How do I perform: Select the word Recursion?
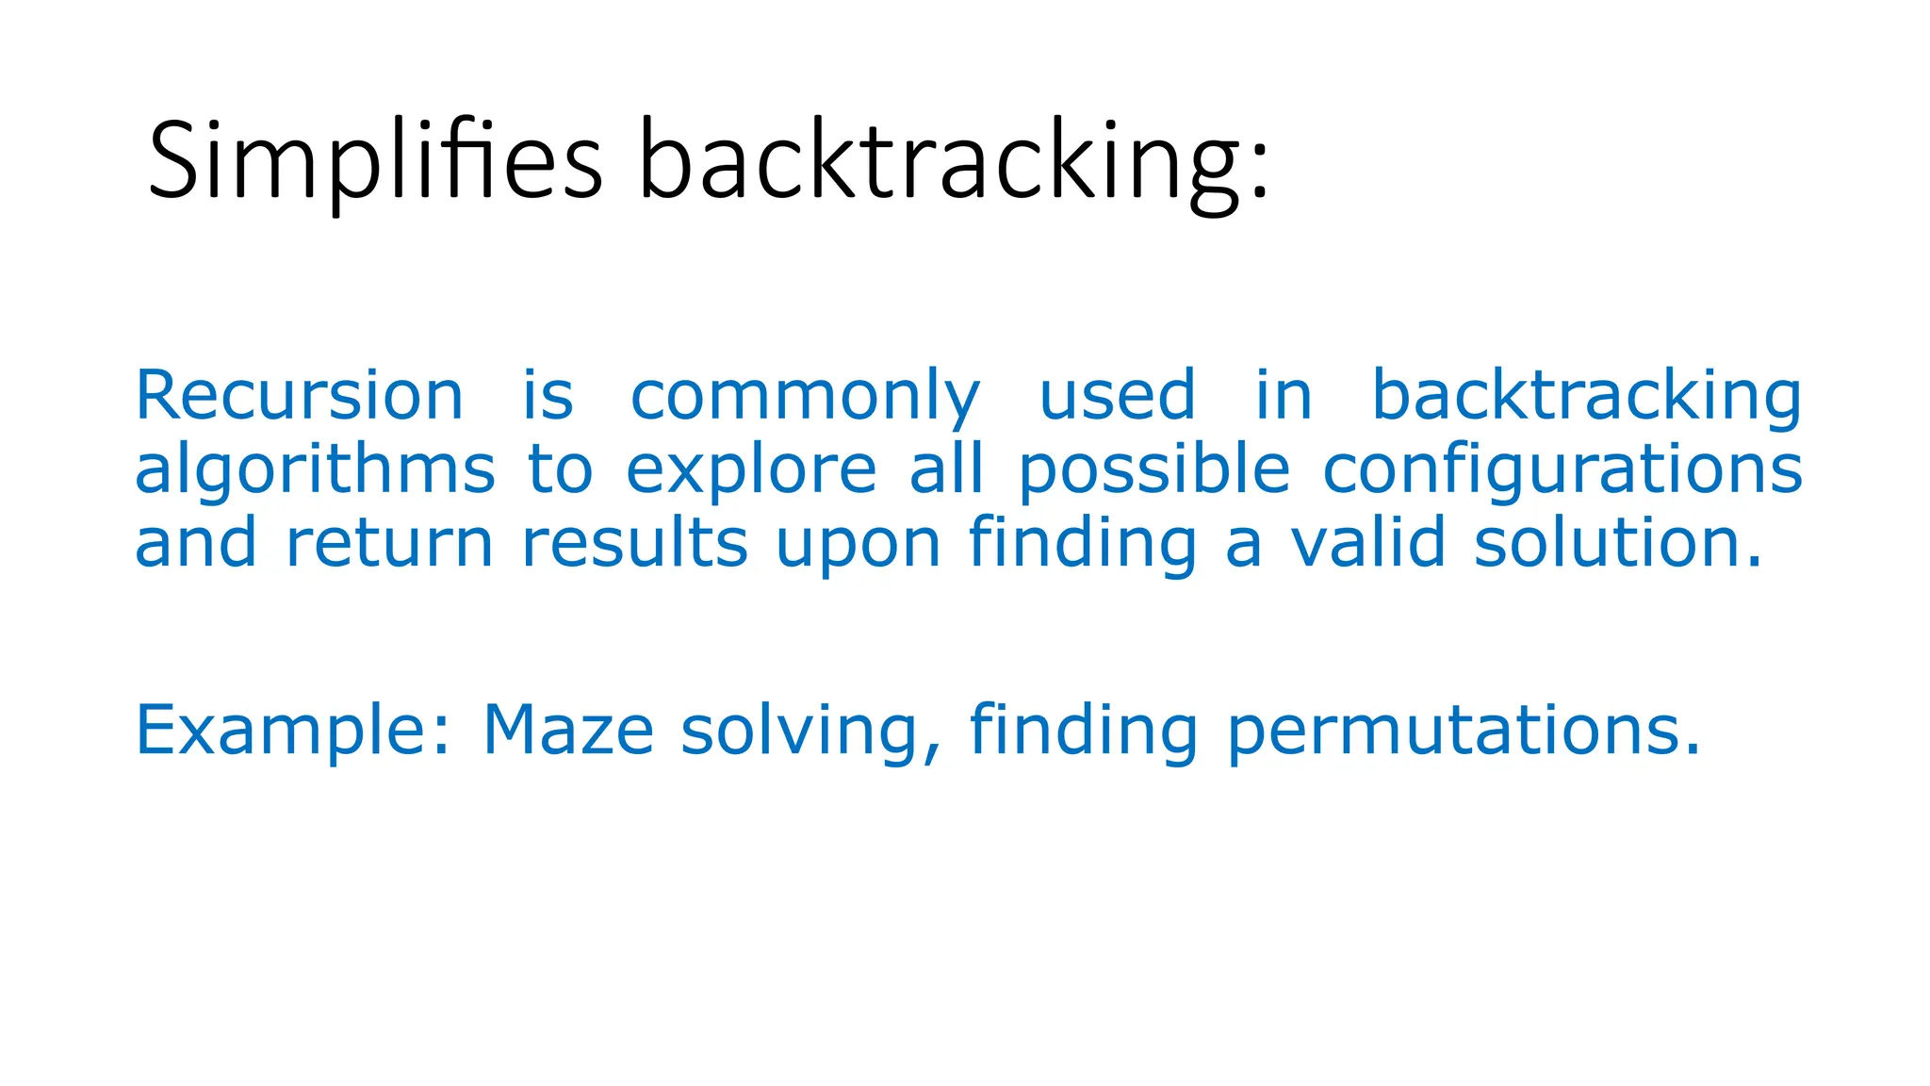point(299,395)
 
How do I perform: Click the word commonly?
point(805,397)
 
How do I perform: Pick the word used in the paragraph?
point(1117,395)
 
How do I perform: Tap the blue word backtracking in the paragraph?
point(1586,397)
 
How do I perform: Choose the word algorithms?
point(315,469)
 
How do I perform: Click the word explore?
point(751,469)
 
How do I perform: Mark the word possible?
point(1153,469)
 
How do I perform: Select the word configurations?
point(1562,469)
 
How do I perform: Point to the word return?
point(389,543)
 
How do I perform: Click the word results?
point(634,543)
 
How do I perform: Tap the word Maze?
point(568,731)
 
